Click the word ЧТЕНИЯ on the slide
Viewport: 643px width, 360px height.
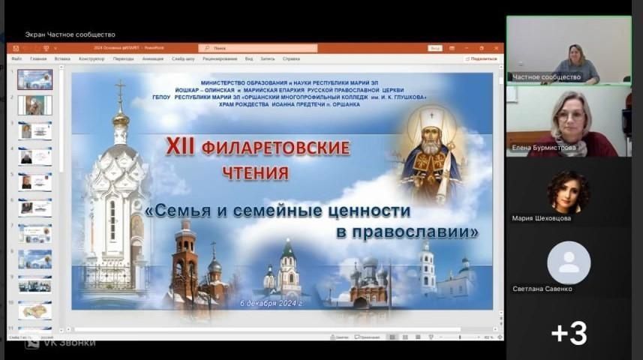tap(255, 173)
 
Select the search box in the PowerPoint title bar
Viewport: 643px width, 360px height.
tap(259, 48)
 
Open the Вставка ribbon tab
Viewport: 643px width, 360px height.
tap(62, 58)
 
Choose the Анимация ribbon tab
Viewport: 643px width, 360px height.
tap(152, 58)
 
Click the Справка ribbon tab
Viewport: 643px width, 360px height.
tap(291, 58)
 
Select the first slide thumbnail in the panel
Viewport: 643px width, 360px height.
tap(35, 79)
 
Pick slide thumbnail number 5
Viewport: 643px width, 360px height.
tap(35, 182)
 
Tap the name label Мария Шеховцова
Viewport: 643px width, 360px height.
tap(541, 218)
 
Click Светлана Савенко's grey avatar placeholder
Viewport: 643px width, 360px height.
tap(568, 262)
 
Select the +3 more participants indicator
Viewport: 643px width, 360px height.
tap(569, 333)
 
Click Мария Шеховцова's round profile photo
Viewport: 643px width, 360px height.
tap(568, 192)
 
